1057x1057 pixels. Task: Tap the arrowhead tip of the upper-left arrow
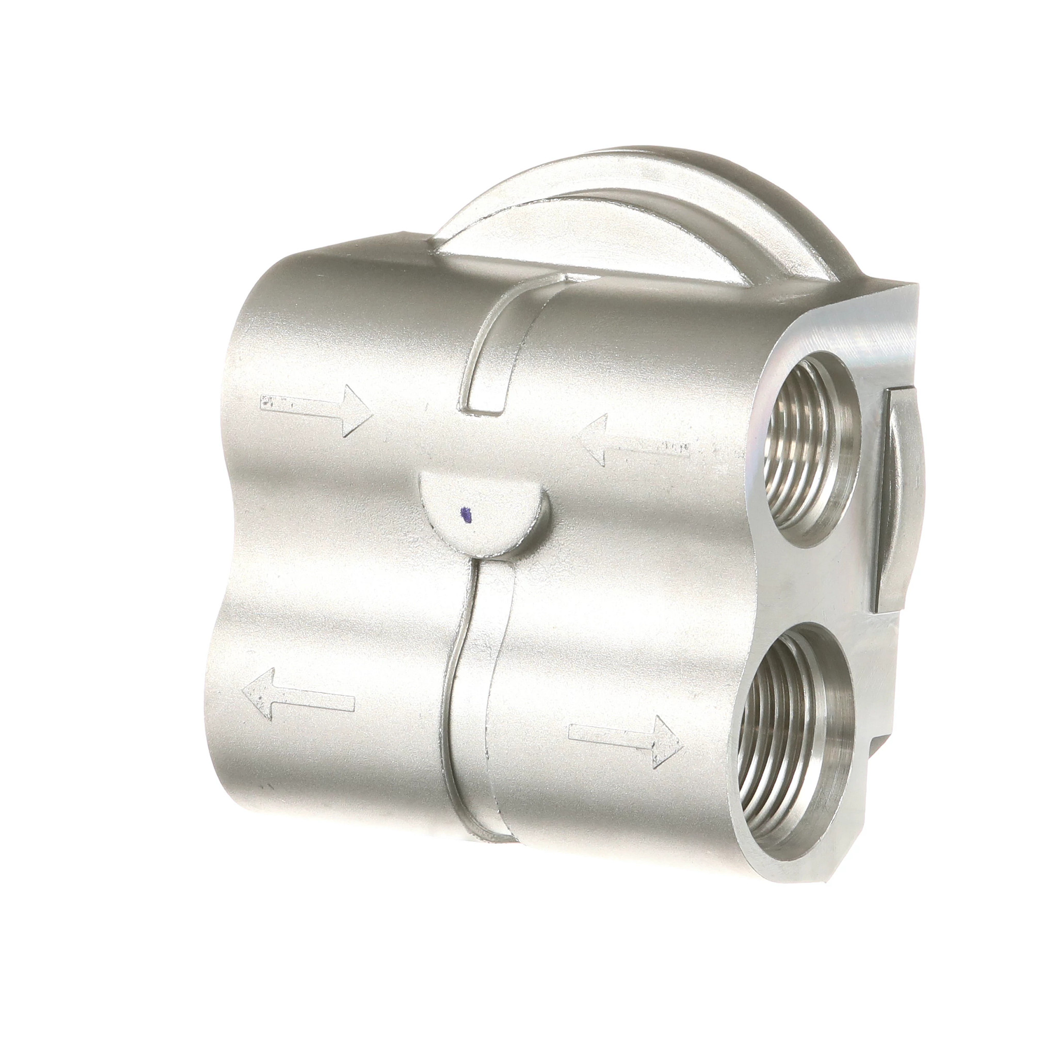pos(370,416)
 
